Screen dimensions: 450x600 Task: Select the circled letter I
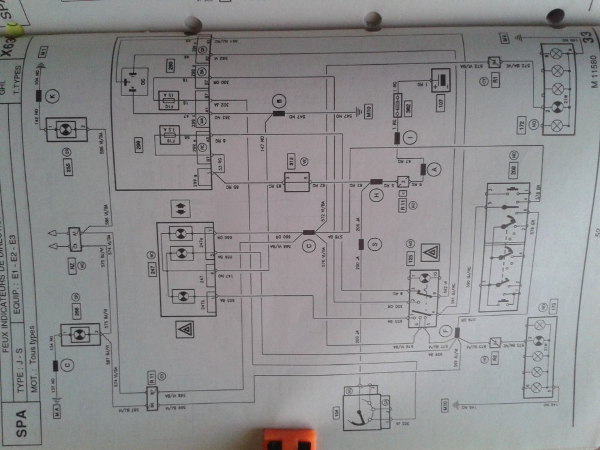click(x=412, y=138)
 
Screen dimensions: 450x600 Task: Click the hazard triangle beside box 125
click(x=430, y=252)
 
